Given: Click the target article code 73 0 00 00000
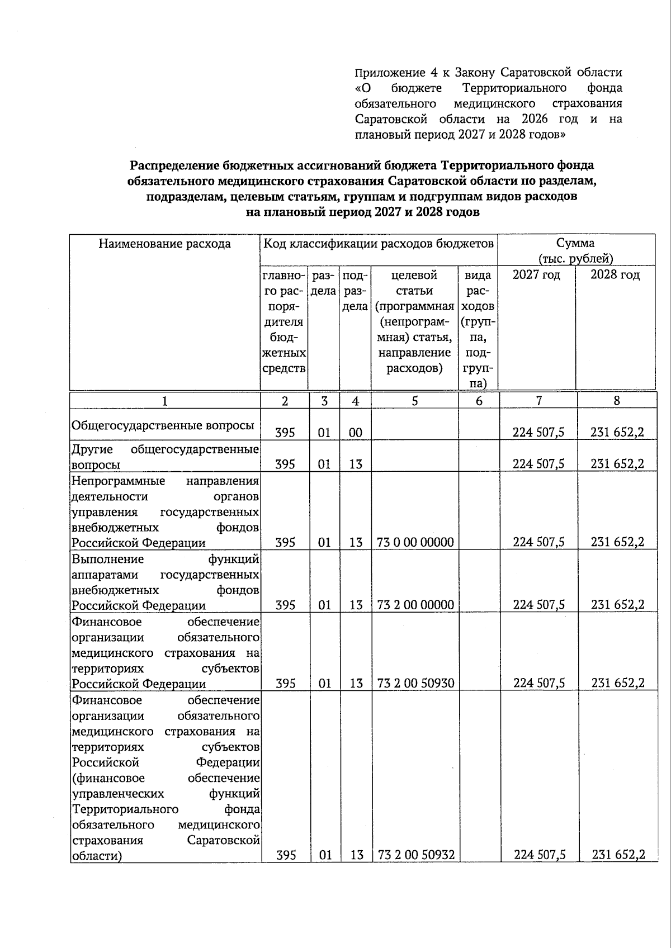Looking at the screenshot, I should pyautogui.click(x=415, y=542).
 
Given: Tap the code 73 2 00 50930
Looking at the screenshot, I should pyautogui.click(x=415, y=683).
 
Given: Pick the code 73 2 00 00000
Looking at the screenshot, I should pyautogui.click(x=415, y=605).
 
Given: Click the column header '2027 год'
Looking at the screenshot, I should pyautogui.click(x=536, y=275).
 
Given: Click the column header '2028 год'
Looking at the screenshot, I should pyautogui.click(x=615, y=275).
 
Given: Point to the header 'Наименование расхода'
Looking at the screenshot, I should pyautogui.click(x=164, y=244).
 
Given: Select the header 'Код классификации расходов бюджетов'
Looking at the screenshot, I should pyautogui.click(x=379, y=244).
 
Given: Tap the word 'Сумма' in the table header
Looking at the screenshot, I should pyautogui.click(x=575, y=243).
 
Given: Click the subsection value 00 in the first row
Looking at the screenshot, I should pyautogui.click(x=356, y=433).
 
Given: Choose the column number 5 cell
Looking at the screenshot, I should pyautogui.click(x=414, y=401).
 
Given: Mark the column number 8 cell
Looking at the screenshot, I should pyautogui.click(x=616, y=401).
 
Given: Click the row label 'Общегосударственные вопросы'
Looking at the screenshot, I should pyautogui.click(x=163, y=425).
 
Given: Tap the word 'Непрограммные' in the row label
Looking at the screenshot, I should pyautogui.click(x=118, y=481).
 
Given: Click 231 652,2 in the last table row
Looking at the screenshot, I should pyautogui.click(x=618, y=855).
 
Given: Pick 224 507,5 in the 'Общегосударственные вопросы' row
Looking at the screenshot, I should pyautogui.click(x=538, y=433).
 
